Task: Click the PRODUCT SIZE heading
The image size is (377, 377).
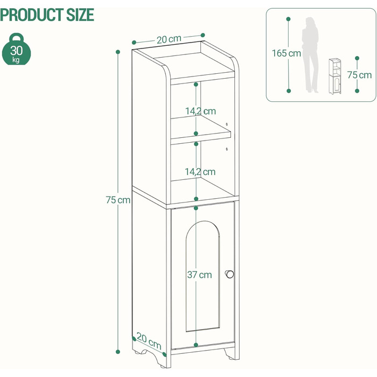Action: (x=47, y=15)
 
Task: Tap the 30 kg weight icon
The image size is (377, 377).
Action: (x=16, y=49)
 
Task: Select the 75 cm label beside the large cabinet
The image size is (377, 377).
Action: (x=118, y=200)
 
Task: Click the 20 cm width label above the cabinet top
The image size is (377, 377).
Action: (x=169, y=39)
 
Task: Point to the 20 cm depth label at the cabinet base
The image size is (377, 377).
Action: (x=149, y=341)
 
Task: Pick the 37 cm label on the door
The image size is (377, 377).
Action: (x=200, y=275)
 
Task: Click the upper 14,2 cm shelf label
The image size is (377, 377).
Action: (x=200, y=111)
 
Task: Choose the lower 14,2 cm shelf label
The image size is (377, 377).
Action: (x=200, y=172)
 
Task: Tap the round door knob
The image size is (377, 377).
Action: (x=229, y=274)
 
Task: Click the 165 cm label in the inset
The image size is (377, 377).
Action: (x=287, y=53)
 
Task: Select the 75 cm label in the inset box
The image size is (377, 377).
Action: (x=359, y=75)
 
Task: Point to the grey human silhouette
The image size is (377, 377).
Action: (x=310, y=55)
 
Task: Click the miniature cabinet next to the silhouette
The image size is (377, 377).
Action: (x=335, y=76)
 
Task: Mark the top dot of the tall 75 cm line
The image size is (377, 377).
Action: (x=118, y=52)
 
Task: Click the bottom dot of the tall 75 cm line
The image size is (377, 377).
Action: (x=118, y=352)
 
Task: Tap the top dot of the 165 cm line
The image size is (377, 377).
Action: (x=289, y=19)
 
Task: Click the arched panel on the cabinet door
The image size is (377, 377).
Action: (x=203, y=276)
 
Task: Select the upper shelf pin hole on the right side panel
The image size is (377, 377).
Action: (x=227, y=124)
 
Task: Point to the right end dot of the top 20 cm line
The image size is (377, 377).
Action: (x=203, y=35)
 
